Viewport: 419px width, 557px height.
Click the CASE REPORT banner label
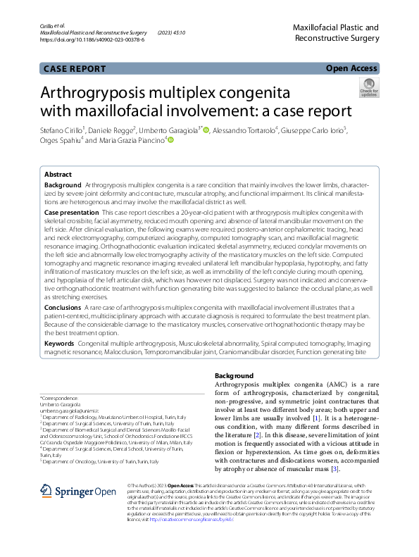coord(74,68)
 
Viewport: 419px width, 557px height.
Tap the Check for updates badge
coord(368,89)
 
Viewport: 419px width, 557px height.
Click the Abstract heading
coord(58,174)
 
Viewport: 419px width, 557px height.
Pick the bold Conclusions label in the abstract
coord(63,308)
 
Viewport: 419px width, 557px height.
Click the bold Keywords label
coord(59,342)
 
